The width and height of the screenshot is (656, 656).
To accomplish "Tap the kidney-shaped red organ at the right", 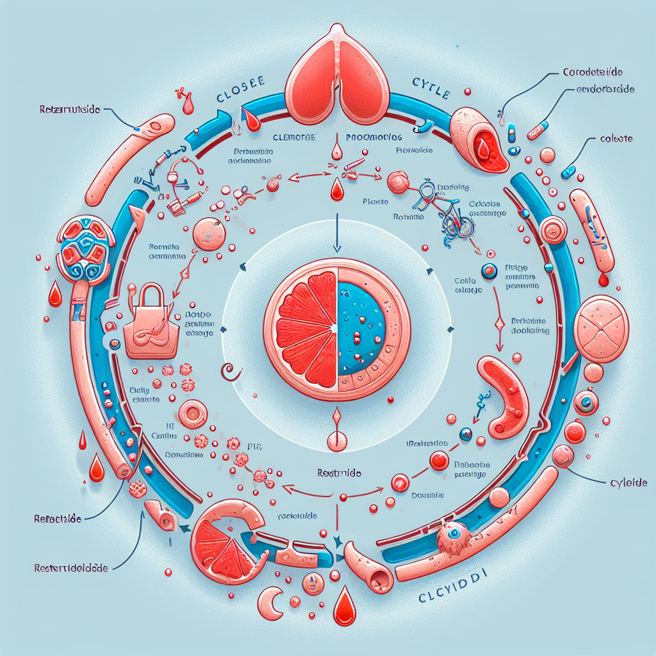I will point(503,396).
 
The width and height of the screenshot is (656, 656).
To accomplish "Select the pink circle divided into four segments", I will point(603,329).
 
